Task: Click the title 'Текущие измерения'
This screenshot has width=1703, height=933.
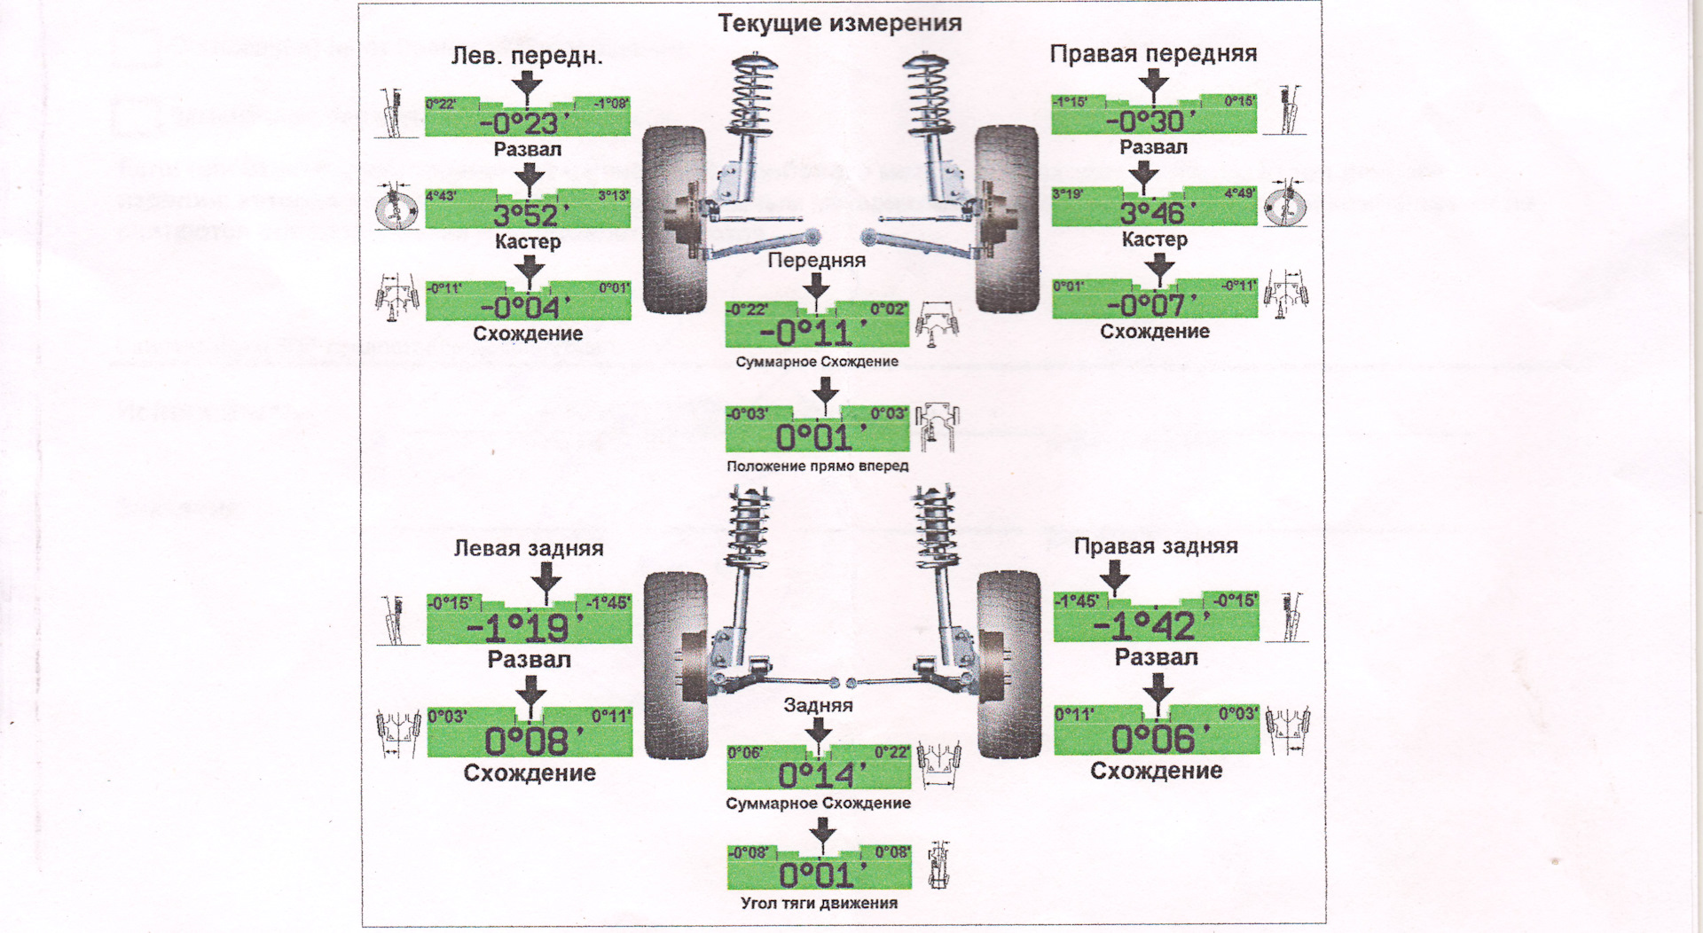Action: point(839,23)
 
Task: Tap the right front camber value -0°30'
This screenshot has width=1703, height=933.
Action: point(1151,121)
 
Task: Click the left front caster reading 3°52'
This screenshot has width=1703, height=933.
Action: point(527,215)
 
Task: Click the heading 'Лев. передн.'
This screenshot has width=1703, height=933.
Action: point(527,56)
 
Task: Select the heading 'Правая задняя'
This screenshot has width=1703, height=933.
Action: point(1156,546)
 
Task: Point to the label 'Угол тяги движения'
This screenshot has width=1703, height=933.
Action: point(819,903)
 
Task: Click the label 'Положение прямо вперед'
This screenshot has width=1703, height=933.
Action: point(817,466)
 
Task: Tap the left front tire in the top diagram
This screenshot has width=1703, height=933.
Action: point(673,219)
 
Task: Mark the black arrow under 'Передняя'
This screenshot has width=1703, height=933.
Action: point(816,286)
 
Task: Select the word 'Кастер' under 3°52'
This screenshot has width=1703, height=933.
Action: point(528,241)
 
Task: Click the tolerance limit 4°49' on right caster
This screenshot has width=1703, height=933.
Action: point(1239,193)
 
